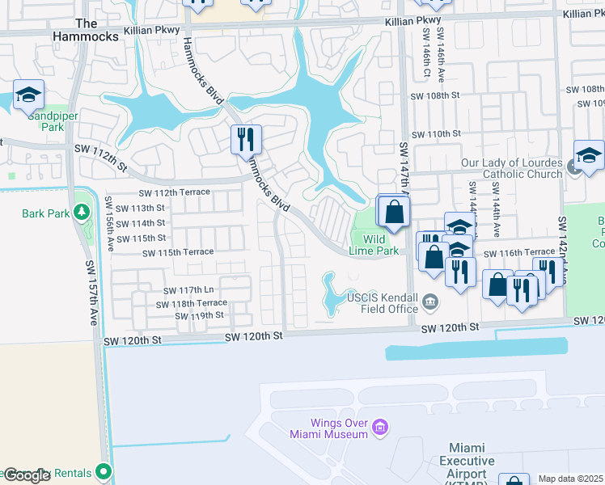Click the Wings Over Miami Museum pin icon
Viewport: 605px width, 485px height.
(x=381, y=426)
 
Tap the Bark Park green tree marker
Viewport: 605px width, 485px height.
(x=81, y=213)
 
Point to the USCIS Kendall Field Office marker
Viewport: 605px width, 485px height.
(x=430, y=302)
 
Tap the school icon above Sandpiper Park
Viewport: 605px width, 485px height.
(x=28, y=95)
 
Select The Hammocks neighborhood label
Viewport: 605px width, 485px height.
(x=86, y=30)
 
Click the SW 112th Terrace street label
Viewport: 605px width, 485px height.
(x=174, y=192)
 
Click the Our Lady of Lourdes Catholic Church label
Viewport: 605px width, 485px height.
(x=511, y=168)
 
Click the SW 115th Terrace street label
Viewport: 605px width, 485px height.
(x=178, y=253)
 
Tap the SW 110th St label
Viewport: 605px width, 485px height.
(x=435, y=133)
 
